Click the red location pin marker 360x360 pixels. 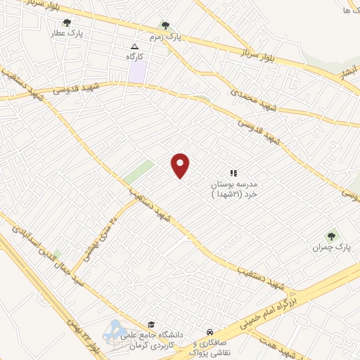pos(181,165)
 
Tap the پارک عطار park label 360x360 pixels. pos(90,32)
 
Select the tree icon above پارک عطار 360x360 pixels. pos(67,32)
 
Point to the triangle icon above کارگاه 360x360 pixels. pos(135,46)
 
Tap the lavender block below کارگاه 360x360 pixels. pos(139,70)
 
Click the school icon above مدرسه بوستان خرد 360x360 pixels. pos(234,172)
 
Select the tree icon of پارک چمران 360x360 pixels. pos(331,236)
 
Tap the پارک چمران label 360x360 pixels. pos(332,247)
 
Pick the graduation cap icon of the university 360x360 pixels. pos(151,324)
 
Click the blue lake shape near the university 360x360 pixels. pos(116,330)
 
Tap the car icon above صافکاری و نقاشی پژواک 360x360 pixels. pos(210,331)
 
